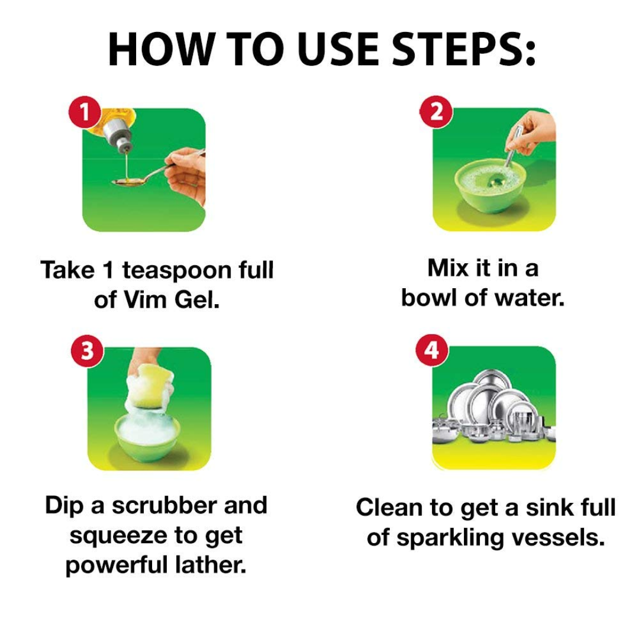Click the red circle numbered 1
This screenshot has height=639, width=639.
pyautogui.click(x=85, y=112)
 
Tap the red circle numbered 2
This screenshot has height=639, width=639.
pyautogui.click(x=437, y=111)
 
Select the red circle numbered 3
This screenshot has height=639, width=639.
pyautogui.click(x=87, y=351)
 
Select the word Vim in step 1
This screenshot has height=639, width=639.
pyautogui.click(x=145, y=300)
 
